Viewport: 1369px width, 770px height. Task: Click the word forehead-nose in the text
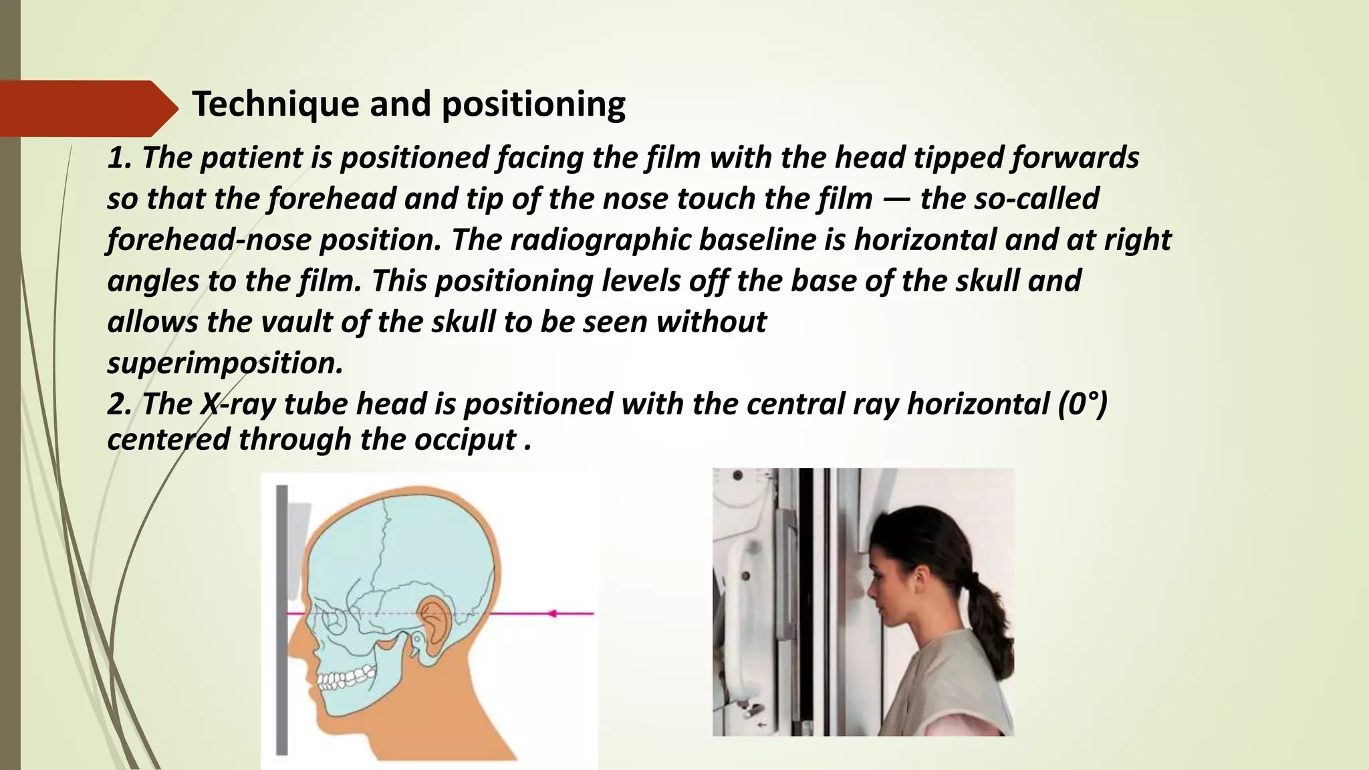click(x=209, y=240)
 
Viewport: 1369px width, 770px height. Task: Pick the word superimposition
click(x=225, y=363)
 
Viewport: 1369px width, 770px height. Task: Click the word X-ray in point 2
click(x=238, y=404)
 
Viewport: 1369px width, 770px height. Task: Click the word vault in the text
click(x=296, y=322)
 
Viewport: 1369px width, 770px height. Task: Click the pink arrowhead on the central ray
click(x=551, y=613)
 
